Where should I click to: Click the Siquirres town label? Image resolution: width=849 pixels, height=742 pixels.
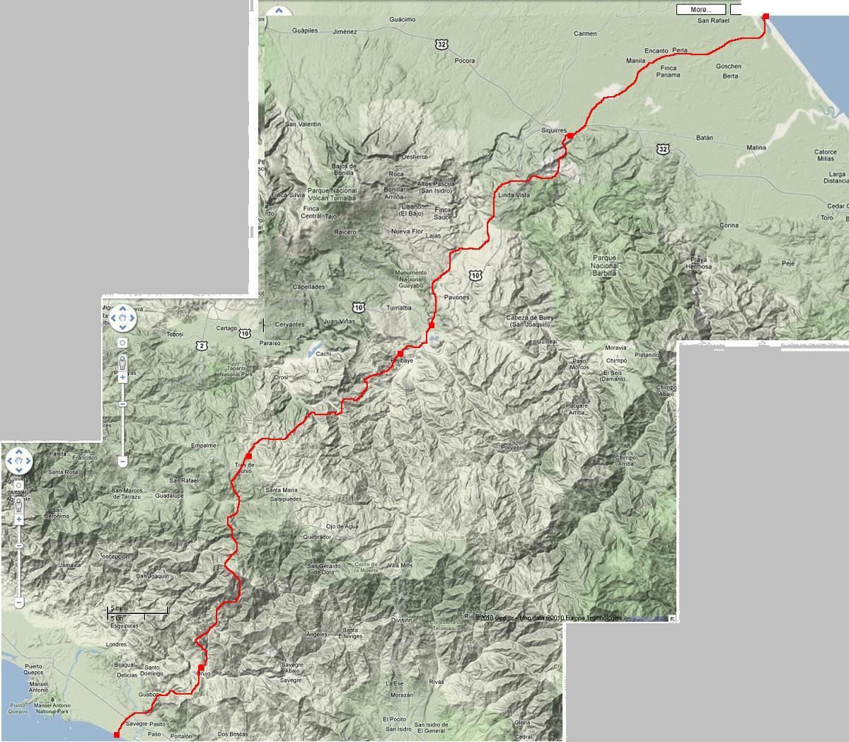[554, 131]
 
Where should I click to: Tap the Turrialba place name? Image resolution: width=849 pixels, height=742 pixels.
[399, 308]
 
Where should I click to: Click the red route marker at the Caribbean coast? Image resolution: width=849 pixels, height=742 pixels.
[766, 16]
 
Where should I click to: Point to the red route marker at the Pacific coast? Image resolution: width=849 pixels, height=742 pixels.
[117, 735]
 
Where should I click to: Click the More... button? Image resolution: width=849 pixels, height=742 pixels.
[700, 10]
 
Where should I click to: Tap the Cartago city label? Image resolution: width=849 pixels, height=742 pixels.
[226, 328]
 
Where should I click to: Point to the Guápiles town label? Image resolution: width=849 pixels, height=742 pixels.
[306, 31]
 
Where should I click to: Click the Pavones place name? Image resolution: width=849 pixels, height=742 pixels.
[456, 298]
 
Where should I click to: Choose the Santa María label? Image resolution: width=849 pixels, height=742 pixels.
[281, 489]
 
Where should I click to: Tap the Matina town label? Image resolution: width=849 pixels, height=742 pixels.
[756, 148]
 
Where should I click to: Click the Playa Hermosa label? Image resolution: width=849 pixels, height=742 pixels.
[698, 263]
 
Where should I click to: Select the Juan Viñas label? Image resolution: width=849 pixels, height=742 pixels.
[337, 322]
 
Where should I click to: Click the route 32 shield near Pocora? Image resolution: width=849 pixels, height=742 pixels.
[442, 45]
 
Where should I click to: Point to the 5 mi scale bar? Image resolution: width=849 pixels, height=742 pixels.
[138, 610]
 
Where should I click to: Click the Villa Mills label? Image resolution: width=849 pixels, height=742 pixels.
[400, 566]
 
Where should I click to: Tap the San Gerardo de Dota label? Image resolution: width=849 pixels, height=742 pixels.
[326, 569]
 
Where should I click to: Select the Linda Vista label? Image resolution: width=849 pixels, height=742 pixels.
[514, 195]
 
